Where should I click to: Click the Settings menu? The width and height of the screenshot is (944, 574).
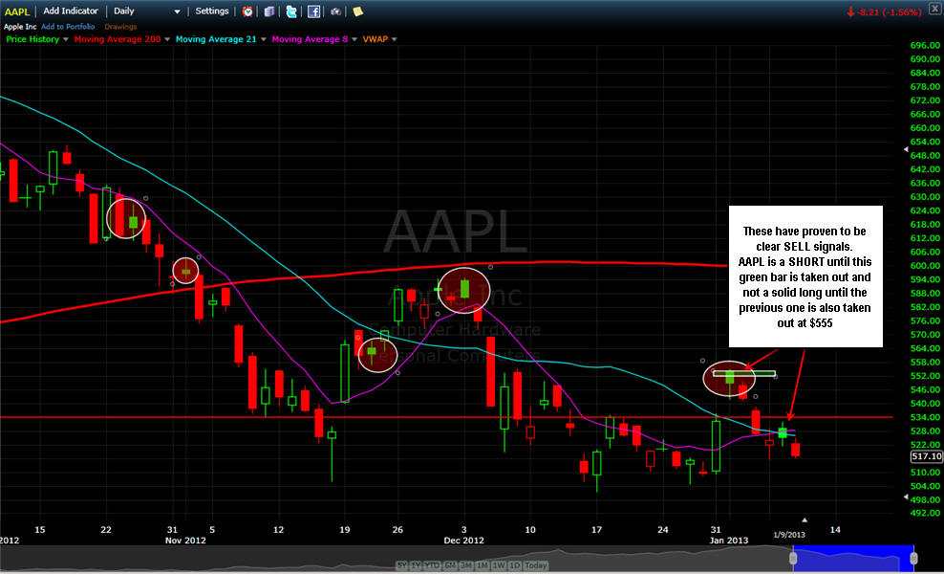[212, 11]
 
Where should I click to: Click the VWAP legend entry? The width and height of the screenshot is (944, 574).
[375, 39]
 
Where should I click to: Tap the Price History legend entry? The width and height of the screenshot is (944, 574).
[32, 39]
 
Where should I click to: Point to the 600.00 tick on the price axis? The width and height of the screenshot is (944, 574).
[922, 265]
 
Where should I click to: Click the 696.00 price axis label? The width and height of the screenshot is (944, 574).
[922, 45]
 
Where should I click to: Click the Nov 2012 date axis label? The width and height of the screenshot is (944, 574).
[185, 541]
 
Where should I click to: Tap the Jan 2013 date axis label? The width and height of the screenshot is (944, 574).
[728, 541]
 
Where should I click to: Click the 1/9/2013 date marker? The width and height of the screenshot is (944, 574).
[788, 533]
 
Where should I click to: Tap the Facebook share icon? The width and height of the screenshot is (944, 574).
[313, 11]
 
